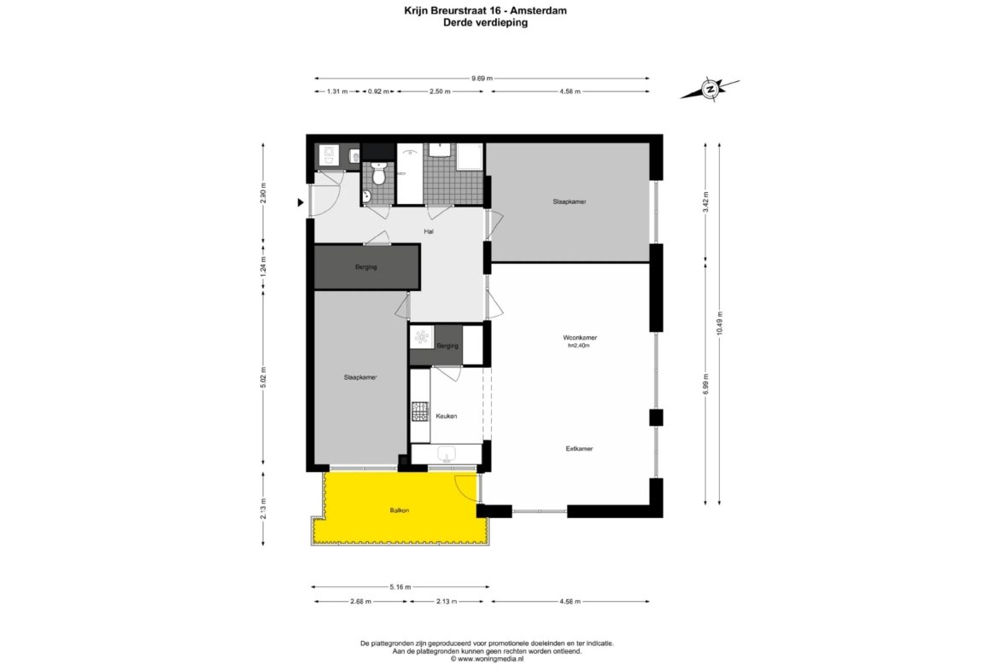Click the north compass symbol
tap(710, 89)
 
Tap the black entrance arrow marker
tap(300, 203)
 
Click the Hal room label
tap(429, 231)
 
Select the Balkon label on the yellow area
tap(400, 510)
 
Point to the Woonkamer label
tap(580, 337)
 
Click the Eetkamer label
tap(579, 448)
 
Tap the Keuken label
tap(446, 416)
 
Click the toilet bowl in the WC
tap(380, 174)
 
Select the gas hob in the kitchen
tap(420, 411)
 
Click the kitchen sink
tap(447, 454)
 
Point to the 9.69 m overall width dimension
tap(482, 79)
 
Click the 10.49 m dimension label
tap(719, 323)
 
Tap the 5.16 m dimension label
tap(400, 587)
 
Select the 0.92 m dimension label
tap(378, 91)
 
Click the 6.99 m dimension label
tap(705, 385)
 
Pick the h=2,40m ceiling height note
tap(579, 346)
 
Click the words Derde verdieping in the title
tap(486, 23)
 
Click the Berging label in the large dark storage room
tap(365, 267)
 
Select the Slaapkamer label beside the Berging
tap(360, 377)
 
